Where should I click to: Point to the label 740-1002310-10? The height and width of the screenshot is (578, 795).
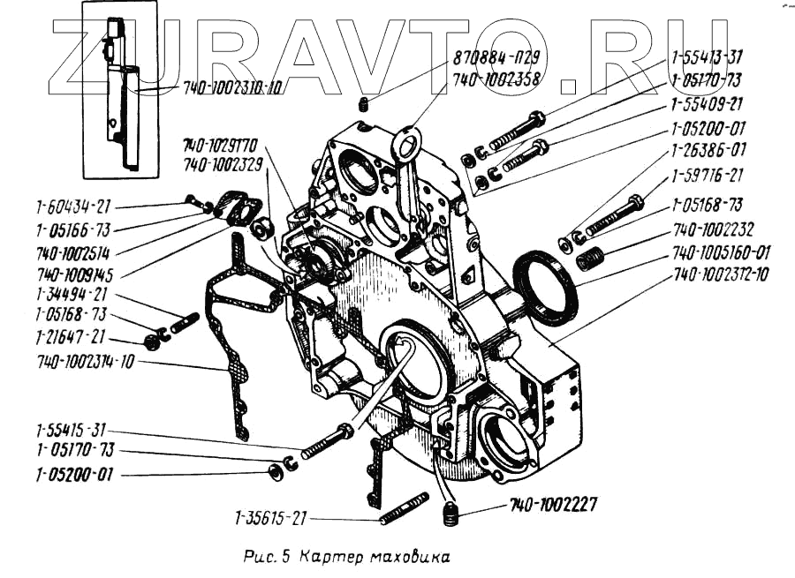click(x=233, y=88)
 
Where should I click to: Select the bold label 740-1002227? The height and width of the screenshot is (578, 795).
click(x=553, y=506)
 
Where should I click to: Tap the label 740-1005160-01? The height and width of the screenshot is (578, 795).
click(x=722, y=252)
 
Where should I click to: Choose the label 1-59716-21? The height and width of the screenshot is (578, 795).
click(x=707, y=176)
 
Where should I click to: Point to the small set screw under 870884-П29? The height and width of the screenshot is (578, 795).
click(x=364, y=106)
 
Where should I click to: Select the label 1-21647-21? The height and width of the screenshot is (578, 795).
click(x=71, y=336)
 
